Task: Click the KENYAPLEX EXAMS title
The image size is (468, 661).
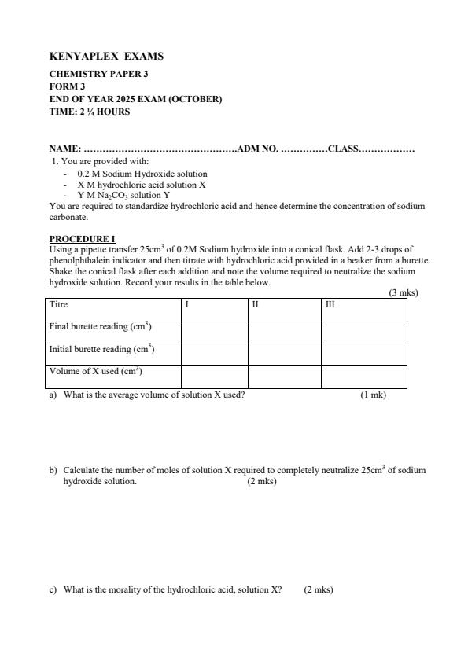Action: [x=106, y=57]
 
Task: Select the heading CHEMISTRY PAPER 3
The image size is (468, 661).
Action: [x=98, y=74]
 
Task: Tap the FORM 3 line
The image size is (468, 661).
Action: [x=67, y=86]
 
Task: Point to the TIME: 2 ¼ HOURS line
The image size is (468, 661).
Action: [x=90, y=112]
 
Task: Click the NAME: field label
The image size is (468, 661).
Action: [x=65, y=149]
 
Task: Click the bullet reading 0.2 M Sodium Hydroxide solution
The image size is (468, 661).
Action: [x=142, y=174]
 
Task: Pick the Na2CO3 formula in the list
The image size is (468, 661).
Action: [x=116, y=195]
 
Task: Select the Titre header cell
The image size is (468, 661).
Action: [x=58, y=304]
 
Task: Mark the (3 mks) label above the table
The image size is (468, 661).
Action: [x=403, y=292]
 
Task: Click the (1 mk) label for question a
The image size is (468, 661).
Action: [x=373, y=395]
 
